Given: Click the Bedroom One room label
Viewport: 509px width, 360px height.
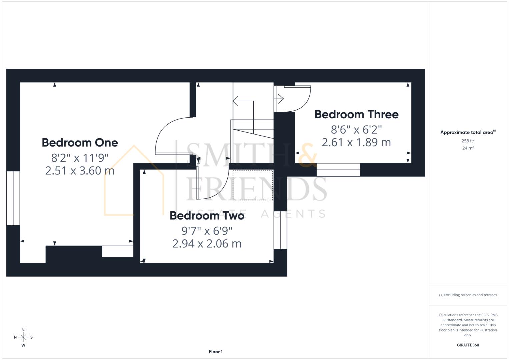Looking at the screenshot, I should [x=80, y=143].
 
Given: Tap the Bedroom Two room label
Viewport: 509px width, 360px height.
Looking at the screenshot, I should [x=207, y=216].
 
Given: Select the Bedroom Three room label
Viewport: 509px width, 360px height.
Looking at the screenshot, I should [x=356, y=114].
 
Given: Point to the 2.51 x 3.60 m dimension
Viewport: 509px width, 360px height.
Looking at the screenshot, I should [x=80, y=171].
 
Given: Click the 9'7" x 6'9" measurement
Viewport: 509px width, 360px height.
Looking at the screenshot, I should [x=207, y=230].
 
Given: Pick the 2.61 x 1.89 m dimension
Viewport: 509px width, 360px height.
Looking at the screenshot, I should [x=356, y=142].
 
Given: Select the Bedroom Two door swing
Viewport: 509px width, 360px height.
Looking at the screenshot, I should [x=212, y=183].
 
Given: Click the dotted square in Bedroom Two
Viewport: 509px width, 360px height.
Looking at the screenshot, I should [x=253, y=185].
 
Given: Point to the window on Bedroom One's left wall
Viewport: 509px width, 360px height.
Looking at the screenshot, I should [x=13, y=198].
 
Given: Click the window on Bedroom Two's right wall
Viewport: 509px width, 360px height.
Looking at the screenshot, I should [x=280, y=230].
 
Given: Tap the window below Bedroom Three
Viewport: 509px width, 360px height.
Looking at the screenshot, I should [x=338, y=170].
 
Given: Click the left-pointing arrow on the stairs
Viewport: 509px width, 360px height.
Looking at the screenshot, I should [x=236, y=101].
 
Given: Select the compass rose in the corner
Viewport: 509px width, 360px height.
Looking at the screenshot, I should [x=23, y=337].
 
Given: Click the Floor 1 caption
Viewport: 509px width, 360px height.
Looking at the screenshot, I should [x=216, y=352].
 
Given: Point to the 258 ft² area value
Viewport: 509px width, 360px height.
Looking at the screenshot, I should [x=468, y=141].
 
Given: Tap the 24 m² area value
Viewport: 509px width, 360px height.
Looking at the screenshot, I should [x=468, y=148].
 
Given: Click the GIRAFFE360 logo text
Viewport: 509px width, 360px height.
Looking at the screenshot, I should [x=468, y=345].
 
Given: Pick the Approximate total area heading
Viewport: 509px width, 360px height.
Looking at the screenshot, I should [x=468, y=132].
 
